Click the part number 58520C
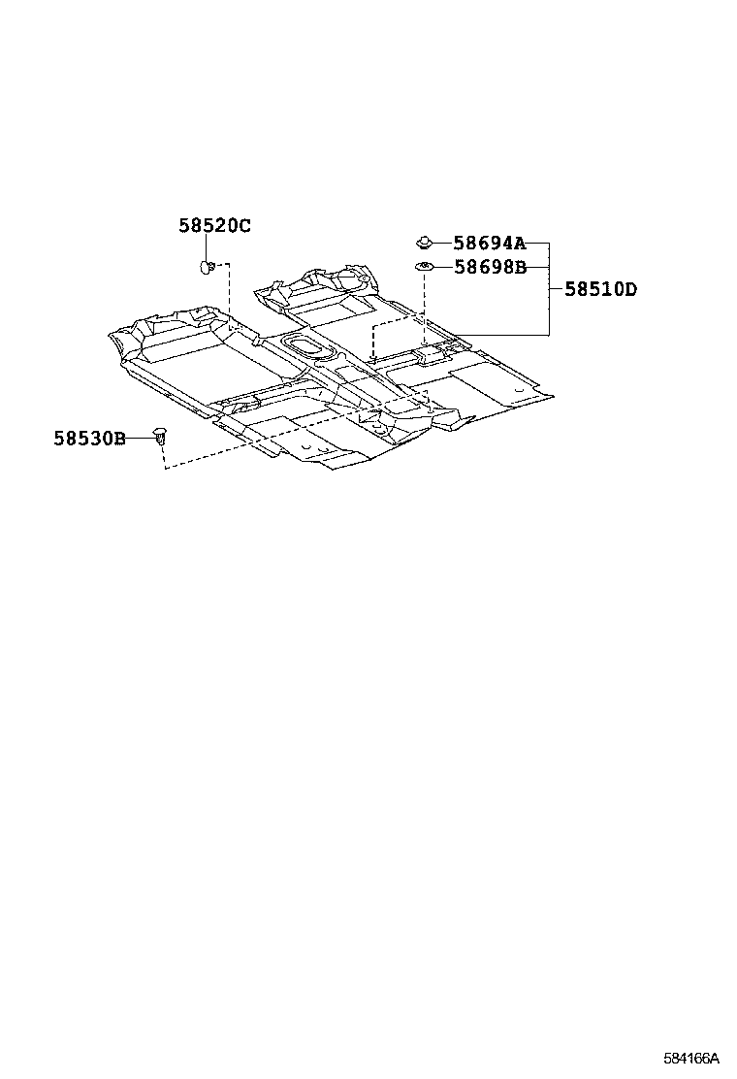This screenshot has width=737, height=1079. (x=214, y=226)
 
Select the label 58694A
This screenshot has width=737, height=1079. (x=489, y=244)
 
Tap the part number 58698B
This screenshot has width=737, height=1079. (x=490, y=267)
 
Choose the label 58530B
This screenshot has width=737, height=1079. (x=89, y=439)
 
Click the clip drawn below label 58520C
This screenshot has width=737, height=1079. (x=208, y=265)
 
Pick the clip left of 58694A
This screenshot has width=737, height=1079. (x=424, y=242)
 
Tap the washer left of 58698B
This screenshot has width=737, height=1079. (x=424, y=266)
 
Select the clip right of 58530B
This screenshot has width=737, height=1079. (x=162, y=440)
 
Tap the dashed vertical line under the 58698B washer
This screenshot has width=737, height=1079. (x=425, y=311)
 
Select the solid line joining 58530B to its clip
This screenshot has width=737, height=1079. (x=142, y=439)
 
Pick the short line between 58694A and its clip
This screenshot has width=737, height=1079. (x=442, y=243)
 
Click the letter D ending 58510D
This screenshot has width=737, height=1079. (x=631, y=289)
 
